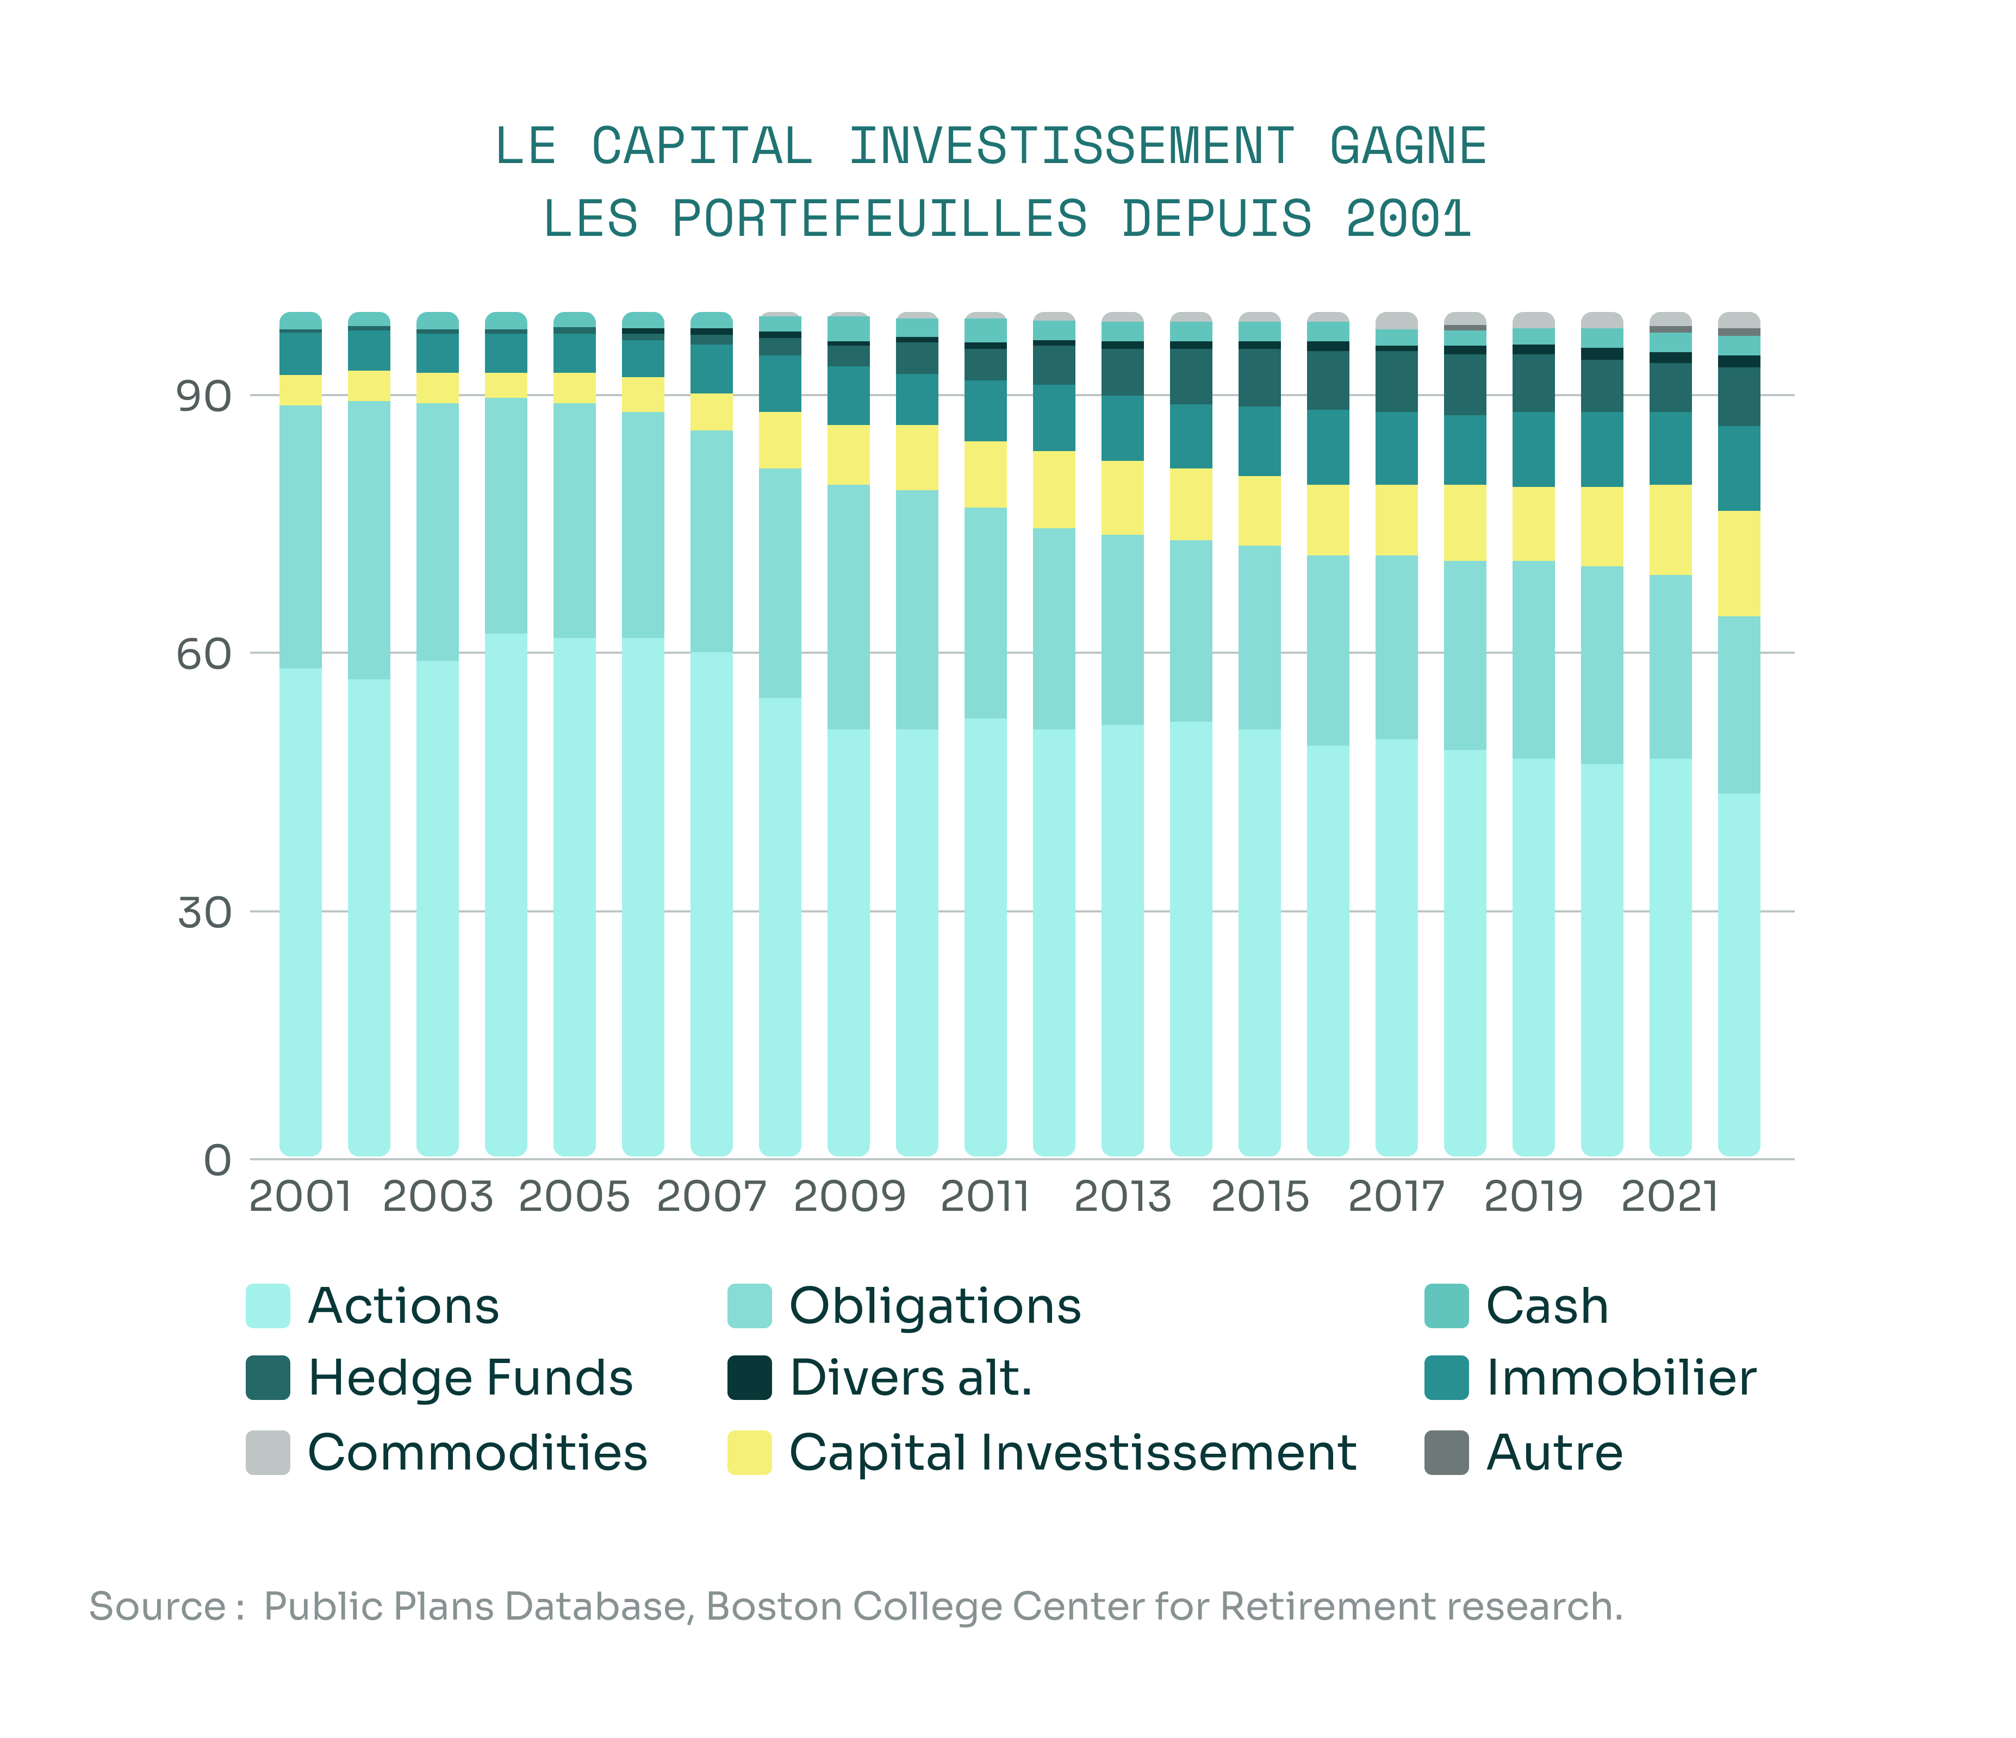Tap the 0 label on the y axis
click(x=218, y=1160)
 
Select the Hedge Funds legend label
click(x=470, y=1378)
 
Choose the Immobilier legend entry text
click(x=1621, y=1378)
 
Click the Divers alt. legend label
click(x=911, y=1378)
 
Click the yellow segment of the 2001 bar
click(x=301, y=390)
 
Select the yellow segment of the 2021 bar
click(x=1671, y=530)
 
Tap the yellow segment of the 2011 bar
click(x=986, y=474)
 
